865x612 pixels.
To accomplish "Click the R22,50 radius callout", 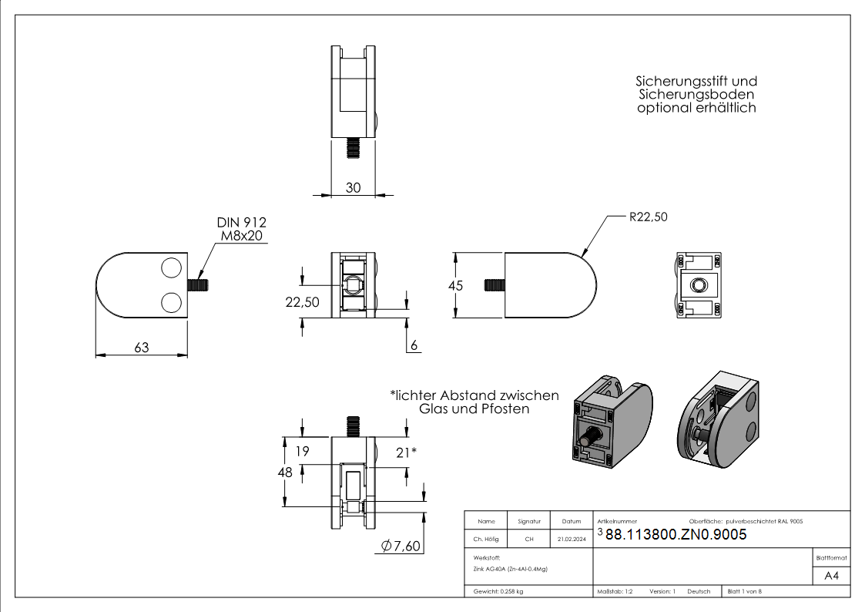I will pyautogui.click(x=648, y=217).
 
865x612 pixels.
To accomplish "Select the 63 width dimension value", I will pyautogui.click(x=141, y=348).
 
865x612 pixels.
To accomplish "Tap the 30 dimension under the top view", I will pyautogui.click(x=353, y=187).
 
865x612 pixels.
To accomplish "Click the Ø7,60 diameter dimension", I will pyautogui.click(x=401, y=546).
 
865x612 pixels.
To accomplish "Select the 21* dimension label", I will pyautogui.click(x=406, y=452).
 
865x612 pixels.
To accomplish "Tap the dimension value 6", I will pyautogui.click(x=414, y=346).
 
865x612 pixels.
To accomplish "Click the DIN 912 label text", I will pyautogui.click(x=241, y=222).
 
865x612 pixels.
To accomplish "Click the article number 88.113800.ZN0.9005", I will pyautogui.click(x=676, y=535).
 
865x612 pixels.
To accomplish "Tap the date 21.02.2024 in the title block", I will pyautogui.click(x=571, y=540).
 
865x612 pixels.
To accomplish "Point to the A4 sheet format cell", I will pyautogui.click(x=832, y=576).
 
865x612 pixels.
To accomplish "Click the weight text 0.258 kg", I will pyautogui.click(x=508, y=591).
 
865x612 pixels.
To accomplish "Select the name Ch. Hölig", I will pyautogui.click(x=487, y=540).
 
